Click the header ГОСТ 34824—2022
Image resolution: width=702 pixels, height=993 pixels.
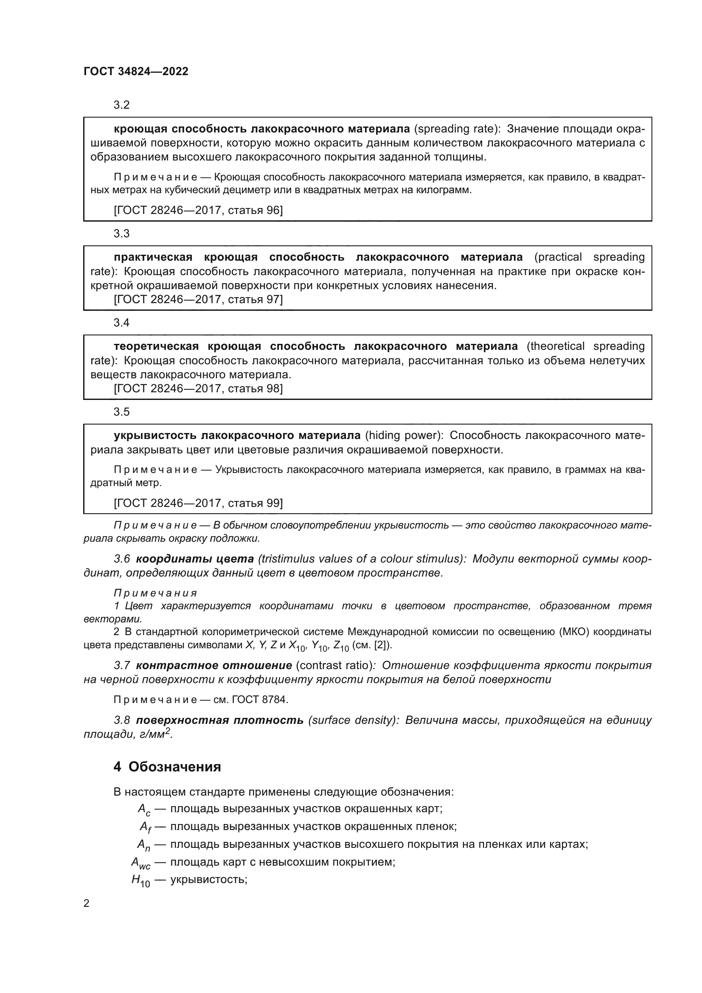point(136,71)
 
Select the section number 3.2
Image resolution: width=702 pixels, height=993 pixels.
point(121,105)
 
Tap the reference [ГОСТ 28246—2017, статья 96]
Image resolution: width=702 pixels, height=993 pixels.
point(198,210)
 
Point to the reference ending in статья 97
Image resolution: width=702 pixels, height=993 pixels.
point(198,299)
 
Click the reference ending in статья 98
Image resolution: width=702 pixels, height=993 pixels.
point(198,388)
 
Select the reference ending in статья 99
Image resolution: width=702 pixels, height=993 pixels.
point(198,503)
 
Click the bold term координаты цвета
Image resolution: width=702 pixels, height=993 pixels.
point(194,559)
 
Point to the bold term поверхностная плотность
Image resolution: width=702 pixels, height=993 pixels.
point(219,720)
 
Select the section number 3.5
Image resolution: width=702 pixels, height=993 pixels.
point(121,412)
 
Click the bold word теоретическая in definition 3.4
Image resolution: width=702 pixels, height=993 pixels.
point(156,346)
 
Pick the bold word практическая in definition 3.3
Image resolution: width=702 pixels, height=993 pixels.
point(153,257)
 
